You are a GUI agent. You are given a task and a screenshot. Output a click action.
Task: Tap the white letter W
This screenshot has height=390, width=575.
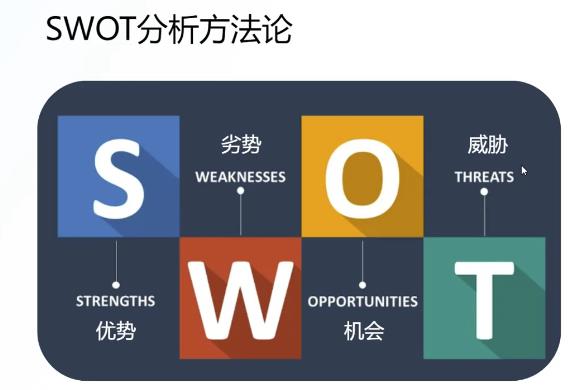coord(241,298)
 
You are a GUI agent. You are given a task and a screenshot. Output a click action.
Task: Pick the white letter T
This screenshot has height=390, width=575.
coord(484,298)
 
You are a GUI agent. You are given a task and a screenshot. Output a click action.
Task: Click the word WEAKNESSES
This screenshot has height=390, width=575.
coord(241,177)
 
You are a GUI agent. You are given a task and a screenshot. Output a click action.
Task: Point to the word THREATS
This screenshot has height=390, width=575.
coord(484,177)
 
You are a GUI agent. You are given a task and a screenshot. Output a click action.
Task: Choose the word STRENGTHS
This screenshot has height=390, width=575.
coord(116,301)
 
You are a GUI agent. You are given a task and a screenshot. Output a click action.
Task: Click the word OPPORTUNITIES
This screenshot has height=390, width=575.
coord(362,301)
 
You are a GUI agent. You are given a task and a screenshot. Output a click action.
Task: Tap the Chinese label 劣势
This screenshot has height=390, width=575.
coord(241,146)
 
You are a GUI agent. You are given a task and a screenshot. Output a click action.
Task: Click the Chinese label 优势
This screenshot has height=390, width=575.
coord(116,329)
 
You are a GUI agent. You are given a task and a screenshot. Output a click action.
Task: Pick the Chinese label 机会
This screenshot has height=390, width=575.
coord(362,329)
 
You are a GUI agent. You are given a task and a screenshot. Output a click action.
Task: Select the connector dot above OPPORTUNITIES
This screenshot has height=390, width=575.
coord(362,283)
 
